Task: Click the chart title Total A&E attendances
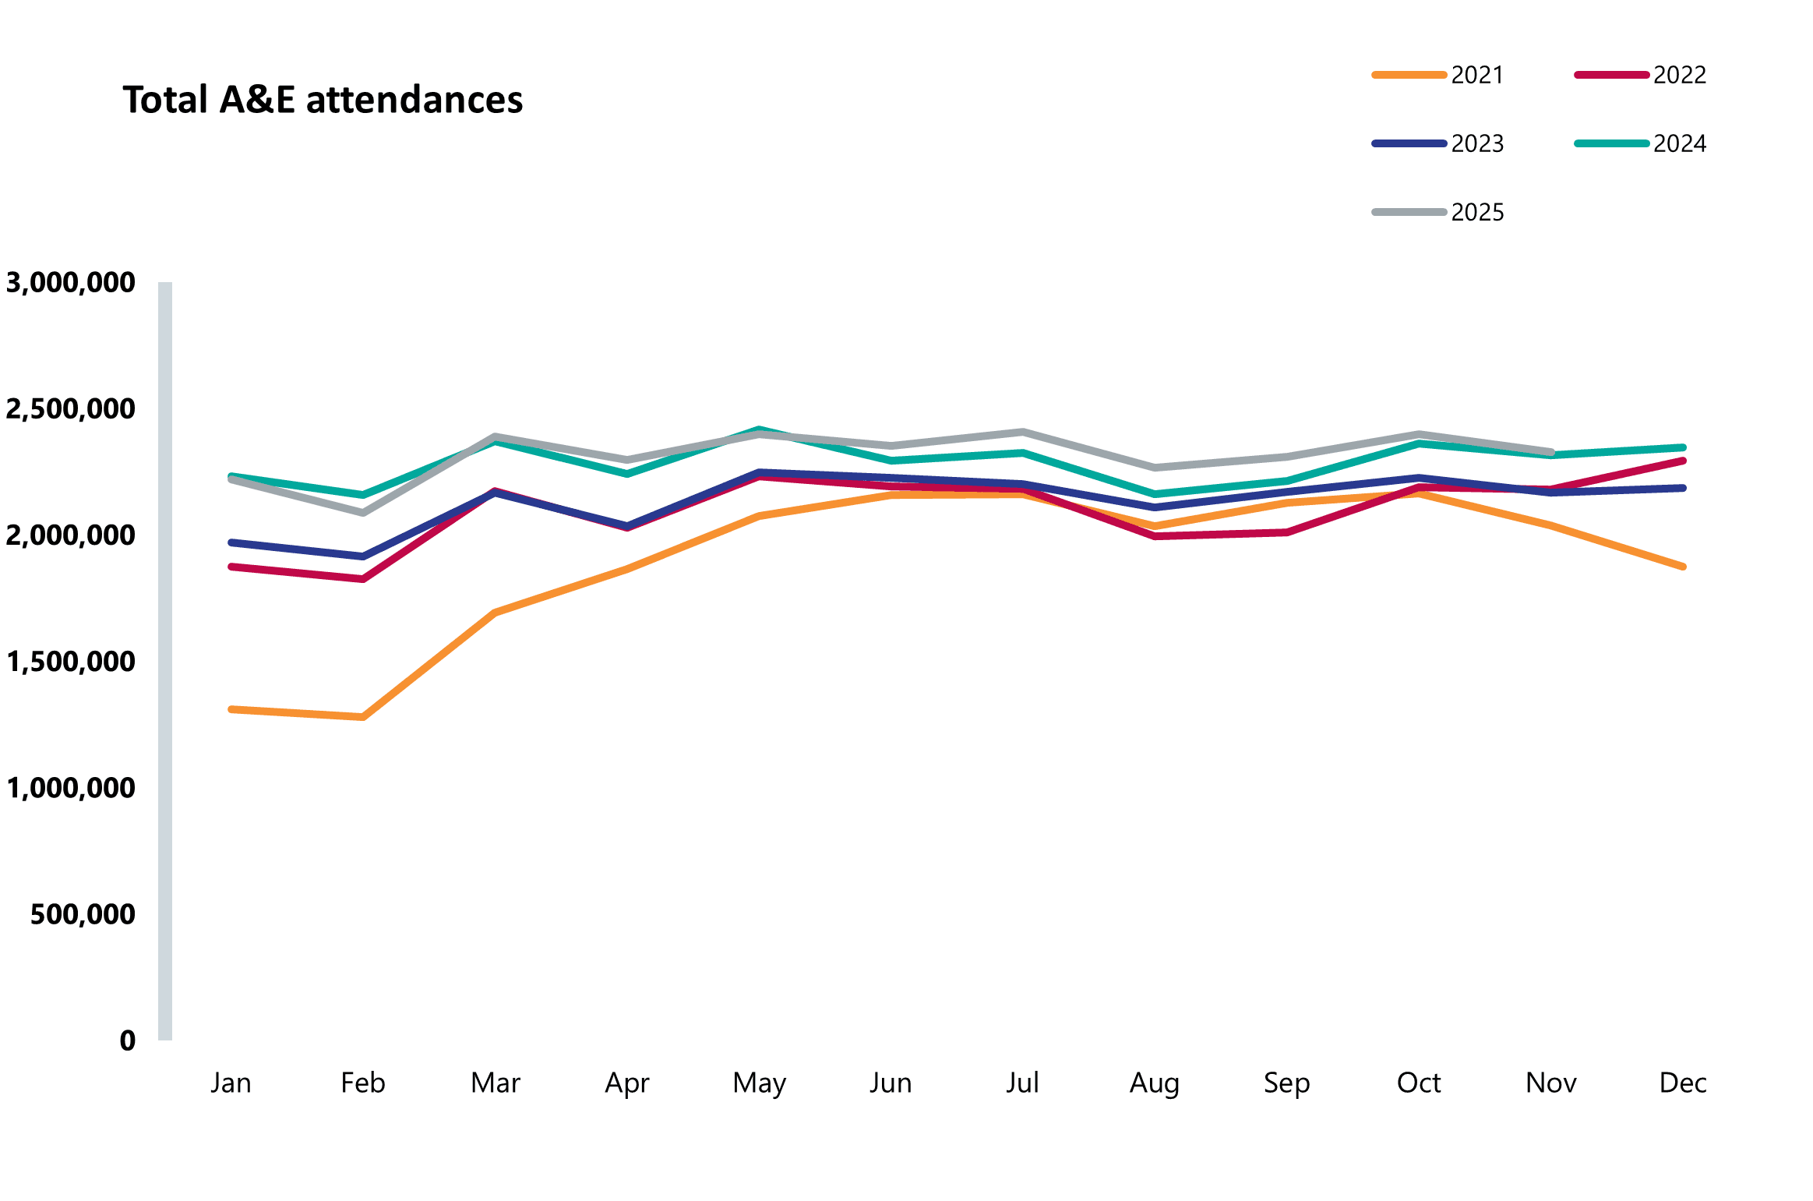tap(323, 100)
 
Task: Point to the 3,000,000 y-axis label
tap(70, 282)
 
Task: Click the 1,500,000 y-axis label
tap(70, 661)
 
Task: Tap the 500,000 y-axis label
tap(83, 913)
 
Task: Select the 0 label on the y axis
tap(128, 1040)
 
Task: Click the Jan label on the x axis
tap(231, 1083)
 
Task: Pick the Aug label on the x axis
tap(1155, 1083)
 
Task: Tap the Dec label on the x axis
tap(1683, 1083)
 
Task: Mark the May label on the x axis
tap(760, 1083)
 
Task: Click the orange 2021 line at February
tap(363, 716)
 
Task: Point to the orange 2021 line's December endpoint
tap(1683, 567)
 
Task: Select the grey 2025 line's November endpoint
tap(1551, 452)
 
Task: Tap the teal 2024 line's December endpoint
tap(1683, 447)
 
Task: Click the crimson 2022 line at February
tap(363, 578)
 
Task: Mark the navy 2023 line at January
tap(231, 542)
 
